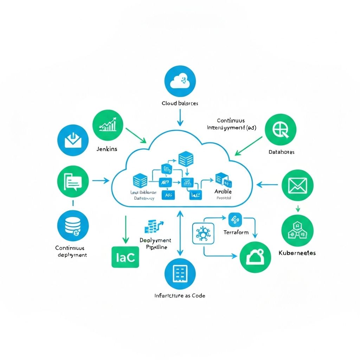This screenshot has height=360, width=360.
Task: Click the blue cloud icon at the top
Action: [x=180, y=81]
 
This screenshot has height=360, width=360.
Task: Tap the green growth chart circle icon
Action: [x=108, y=126]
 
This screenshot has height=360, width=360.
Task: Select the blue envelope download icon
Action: [x=73, y=140]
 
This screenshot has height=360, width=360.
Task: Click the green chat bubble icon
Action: [x=73, y=181]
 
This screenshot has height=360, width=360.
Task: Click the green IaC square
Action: [x=125, y=257]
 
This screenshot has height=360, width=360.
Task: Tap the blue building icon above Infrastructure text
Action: [x=180, y=274]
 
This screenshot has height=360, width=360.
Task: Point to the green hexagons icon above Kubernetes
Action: [x=297, y=230]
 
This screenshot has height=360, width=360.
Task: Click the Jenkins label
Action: [x=107, y=149]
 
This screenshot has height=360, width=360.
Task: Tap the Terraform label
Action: [x=236, y=232]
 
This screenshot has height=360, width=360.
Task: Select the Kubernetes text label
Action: [x=297, y=253]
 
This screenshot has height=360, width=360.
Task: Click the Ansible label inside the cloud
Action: [x=223, y=192]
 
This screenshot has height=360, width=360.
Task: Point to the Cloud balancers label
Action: [x=180, y=103]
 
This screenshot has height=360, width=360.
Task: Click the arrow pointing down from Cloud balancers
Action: [x=180, y=117]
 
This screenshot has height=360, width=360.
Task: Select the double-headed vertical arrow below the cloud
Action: [x=180, y=233]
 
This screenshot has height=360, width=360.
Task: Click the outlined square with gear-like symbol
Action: [x=203, y=233]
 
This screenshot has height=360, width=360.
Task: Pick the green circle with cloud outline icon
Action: [x=255, y=257]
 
